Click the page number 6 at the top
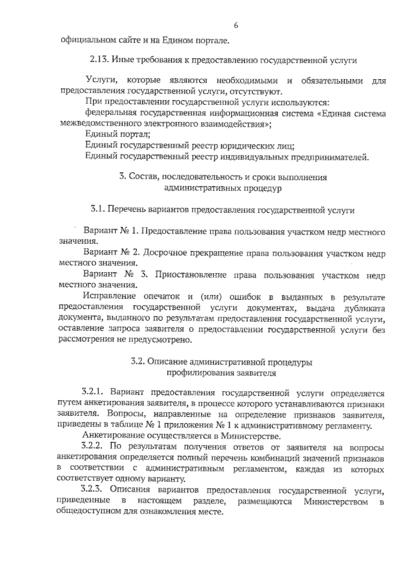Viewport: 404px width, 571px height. pos(236,26)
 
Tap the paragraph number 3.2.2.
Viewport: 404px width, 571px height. pos(92,447)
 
